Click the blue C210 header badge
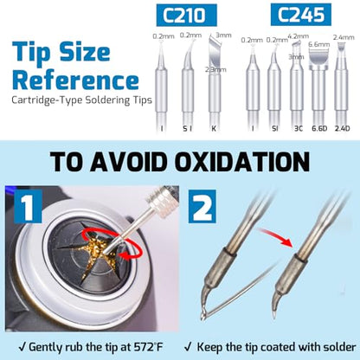(x=186, y=15)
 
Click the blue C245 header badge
(x=301, y=15)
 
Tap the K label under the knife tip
(x=214, y=129)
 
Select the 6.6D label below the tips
(x=319, y=128)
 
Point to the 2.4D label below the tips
(x=342, y=128)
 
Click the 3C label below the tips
(x=299, y=128)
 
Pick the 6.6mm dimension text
(x=318, y=44)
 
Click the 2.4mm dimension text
(x=344, y=37)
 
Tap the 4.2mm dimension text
(x=299, y=36)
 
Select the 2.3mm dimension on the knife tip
(x=215, y=69)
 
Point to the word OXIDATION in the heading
(x=242, y=162)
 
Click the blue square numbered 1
(x=28, y=206)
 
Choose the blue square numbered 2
(x=202, y=206)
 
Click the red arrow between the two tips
(x=274, y=236)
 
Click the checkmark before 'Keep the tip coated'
(x=189, y=346)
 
